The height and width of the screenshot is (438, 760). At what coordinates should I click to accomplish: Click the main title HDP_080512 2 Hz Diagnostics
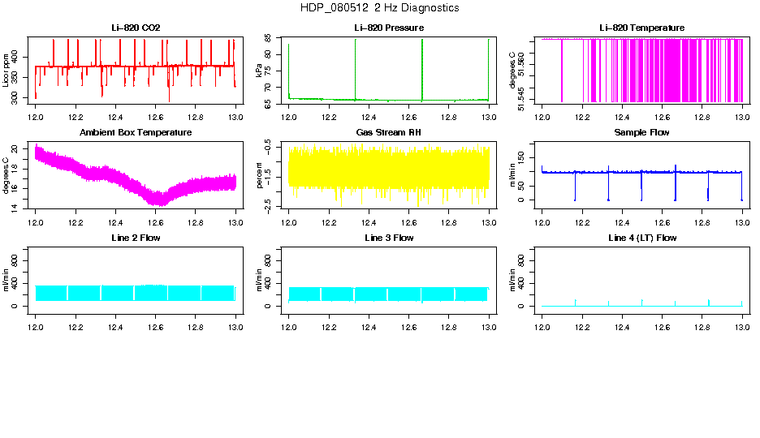(379, 8)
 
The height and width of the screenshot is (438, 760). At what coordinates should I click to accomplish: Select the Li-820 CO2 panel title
(136, 28)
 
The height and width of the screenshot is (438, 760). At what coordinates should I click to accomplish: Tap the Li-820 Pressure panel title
(389, 28)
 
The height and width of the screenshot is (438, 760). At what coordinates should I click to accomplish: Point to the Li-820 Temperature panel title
(641, 28)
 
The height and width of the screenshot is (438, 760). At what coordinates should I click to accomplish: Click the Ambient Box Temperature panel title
(136, 132)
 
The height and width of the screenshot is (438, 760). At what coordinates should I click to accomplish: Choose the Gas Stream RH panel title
(389, 132)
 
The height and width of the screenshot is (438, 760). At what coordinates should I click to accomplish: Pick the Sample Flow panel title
(641, 132)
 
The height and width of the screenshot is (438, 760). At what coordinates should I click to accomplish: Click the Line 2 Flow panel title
(136, 238)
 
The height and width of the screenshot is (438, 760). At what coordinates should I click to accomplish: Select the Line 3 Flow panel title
(389, 238)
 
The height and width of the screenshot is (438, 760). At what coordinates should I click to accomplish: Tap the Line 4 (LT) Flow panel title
(641, 238)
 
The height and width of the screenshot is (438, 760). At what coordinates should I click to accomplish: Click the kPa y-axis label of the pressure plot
(259, 70)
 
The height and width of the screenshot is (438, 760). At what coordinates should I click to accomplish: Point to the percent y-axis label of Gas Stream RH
(259, 174)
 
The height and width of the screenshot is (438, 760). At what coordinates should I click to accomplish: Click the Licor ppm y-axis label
(6, 70)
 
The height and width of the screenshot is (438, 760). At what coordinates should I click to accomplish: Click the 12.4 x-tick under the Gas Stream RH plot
(369, 221)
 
